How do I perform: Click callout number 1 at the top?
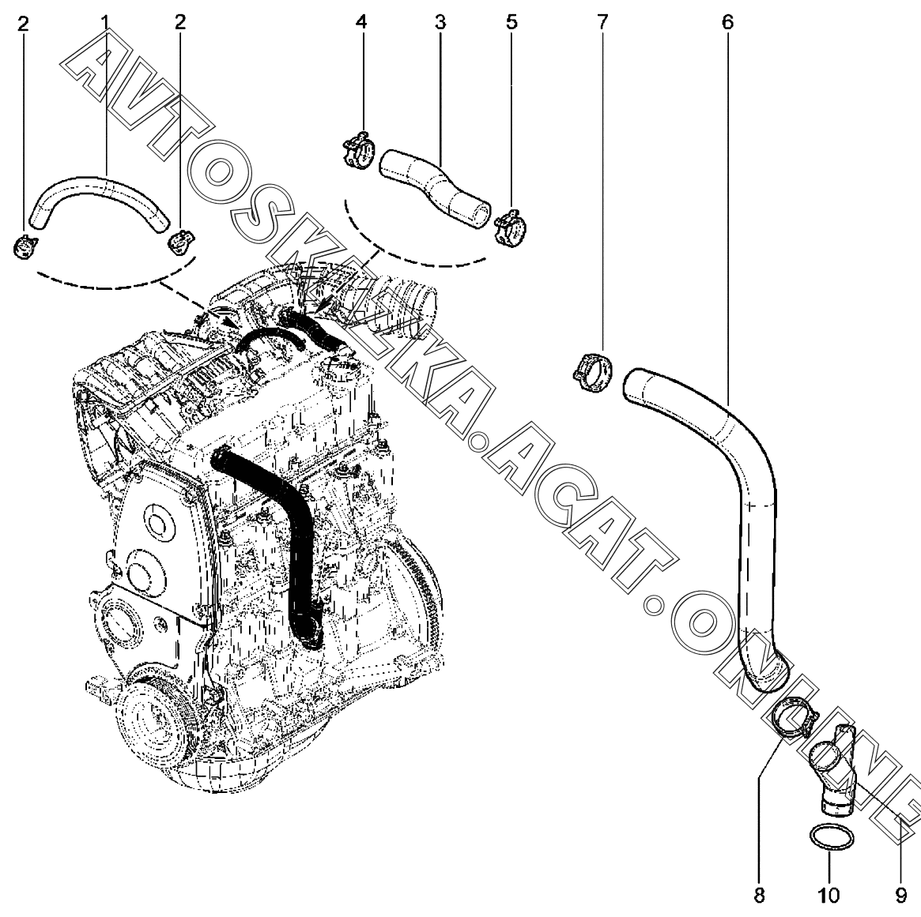tap(104, 22)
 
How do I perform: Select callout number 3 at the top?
tap(440, 22)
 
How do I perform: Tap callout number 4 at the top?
tap(361, 22)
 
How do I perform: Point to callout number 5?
tap(511, 22)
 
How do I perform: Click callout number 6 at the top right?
tap(727, 22)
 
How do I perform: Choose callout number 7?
tap(602, 22)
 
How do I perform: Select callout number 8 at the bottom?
tap(759, 895)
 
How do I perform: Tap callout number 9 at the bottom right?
tap(900, 895)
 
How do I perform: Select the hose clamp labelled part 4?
tap(360, 150)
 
